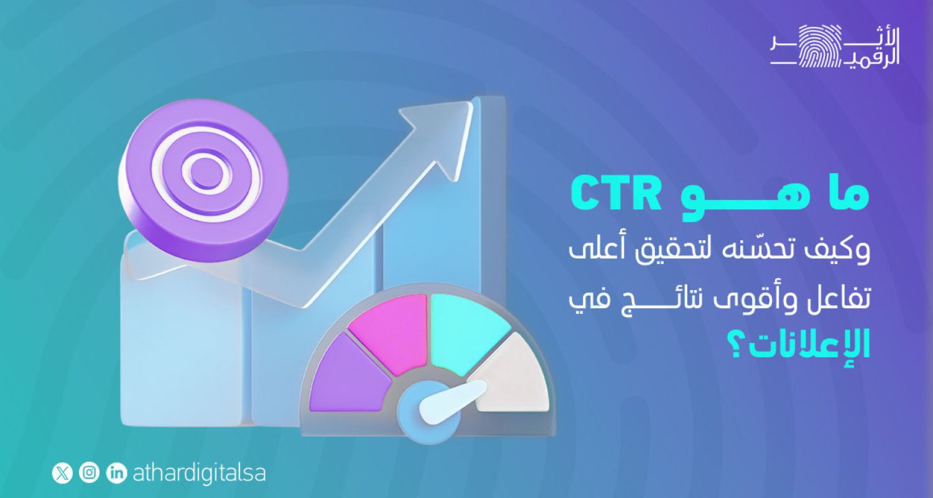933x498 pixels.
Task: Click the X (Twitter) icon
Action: [62, 473]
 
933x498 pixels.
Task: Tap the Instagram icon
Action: [90, 473]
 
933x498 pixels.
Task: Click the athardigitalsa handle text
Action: [199, 473]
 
